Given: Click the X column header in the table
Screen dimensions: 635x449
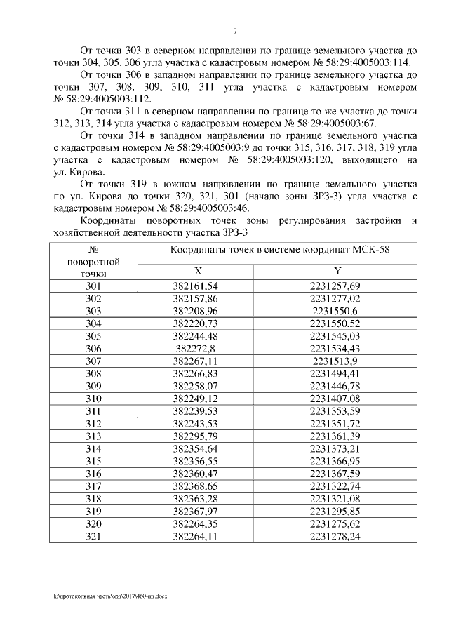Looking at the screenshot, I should click(x=197, y=272).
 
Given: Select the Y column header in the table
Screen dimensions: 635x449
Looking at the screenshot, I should click(x=338, y=272).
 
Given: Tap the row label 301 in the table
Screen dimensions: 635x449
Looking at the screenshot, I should click(x=93, y=286).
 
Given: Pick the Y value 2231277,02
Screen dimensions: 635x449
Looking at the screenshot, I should click(x=338, y=299).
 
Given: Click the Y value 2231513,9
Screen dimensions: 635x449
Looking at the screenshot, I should click(x=338, y=361).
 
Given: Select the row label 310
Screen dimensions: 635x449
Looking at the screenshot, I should click(x=93, y=399).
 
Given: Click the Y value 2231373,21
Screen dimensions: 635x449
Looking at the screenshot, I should click(x=338, y=448).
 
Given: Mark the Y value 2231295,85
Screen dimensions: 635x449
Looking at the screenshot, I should click(x=338, y=511).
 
